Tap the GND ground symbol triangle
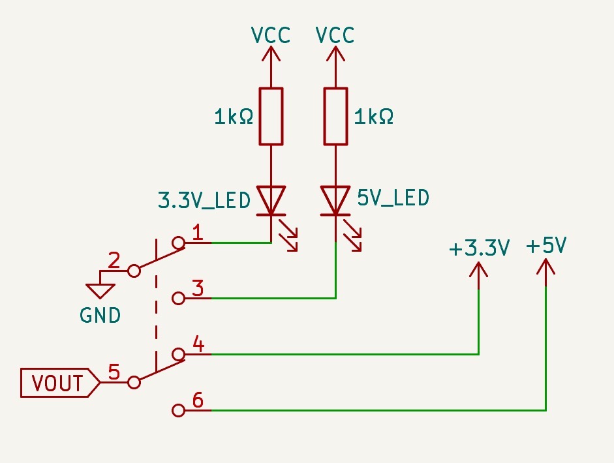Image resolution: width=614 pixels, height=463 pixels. coord(100,290)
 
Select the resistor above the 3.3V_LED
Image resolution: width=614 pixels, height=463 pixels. coord(271,116)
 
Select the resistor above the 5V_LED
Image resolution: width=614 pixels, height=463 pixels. coord(335,116)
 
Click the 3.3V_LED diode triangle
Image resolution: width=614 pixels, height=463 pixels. coord(271,200)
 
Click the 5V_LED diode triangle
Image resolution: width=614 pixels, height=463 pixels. coord(335,200)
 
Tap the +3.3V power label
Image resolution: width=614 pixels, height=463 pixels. coord(478,248)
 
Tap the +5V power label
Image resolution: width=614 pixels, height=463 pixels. coord(545,246)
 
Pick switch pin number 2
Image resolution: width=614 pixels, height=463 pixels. coord(114,261)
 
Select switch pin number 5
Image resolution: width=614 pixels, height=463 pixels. coord(114,372)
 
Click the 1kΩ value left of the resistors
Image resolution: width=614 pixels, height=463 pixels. coord(233,117)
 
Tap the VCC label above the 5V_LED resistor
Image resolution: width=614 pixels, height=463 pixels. coord(335,35)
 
